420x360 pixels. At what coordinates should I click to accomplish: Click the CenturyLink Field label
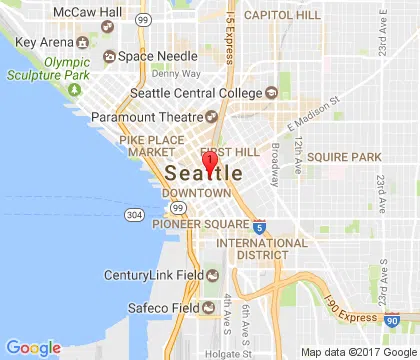click(154, 275)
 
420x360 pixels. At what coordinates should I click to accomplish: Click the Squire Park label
click(343, 157)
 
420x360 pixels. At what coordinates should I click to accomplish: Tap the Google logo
click(32, 348)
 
